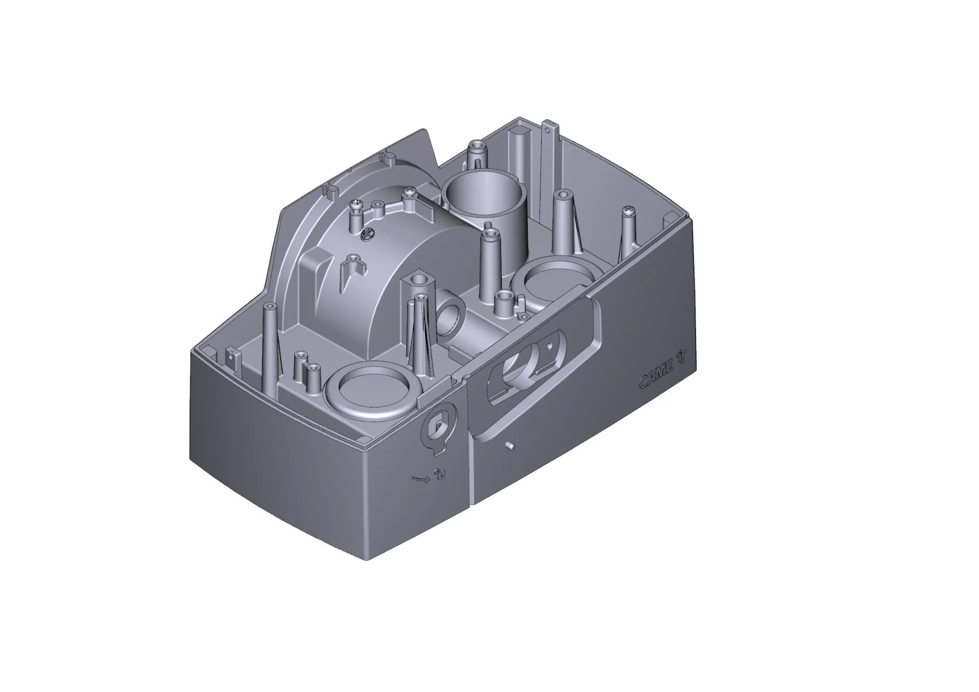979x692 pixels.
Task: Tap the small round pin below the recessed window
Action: coord(508,446)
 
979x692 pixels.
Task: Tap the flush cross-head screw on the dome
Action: coord(367,235)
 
